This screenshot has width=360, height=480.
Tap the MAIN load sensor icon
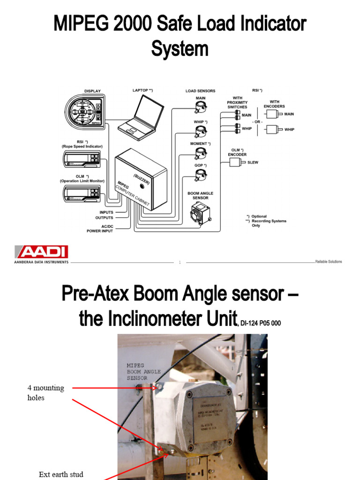[x=201, y=108]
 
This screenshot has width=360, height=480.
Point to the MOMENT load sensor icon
[x=201, y=153]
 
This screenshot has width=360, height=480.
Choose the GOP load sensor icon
[x=201, y=174]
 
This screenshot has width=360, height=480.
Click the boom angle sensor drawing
[x=200, y=214]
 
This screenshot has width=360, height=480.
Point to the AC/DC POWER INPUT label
[x=100, y=228]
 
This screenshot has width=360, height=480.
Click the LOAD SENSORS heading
[x=200, y=91]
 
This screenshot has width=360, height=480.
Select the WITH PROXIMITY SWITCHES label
[x=237, y=103]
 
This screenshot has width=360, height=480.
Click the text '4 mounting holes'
[x=45, y=392]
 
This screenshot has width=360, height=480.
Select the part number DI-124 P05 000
[x=260, y=323]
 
